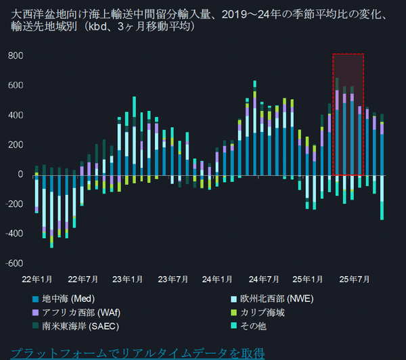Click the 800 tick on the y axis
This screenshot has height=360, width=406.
point(15,55)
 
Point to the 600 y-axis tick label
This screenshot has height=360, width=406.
point(15,85)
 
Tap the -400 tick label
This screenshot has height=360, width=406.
point(14,233)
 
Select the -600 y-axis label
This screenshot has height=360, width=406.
point(14,263)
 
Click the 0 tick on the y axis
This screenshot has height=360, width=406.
point(20,174)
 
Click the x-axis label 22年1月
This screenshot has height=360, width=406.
point(38,278)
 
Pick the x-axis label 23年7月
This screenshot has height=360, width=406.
point(173,278)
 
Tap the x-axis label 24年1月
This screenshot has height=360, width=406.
point(218,278)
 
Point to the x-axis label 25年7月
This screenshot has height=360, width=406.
point(354,278)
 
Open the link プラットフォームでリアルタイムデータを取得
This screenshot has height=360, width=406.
point(137,353)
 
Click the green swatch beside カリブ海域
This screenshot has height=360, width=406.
point(235,313)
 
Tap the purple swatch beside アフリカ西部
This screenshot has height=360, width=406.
point(35,313)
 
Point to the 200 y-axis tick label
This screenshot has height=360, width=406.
point(15,145)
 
